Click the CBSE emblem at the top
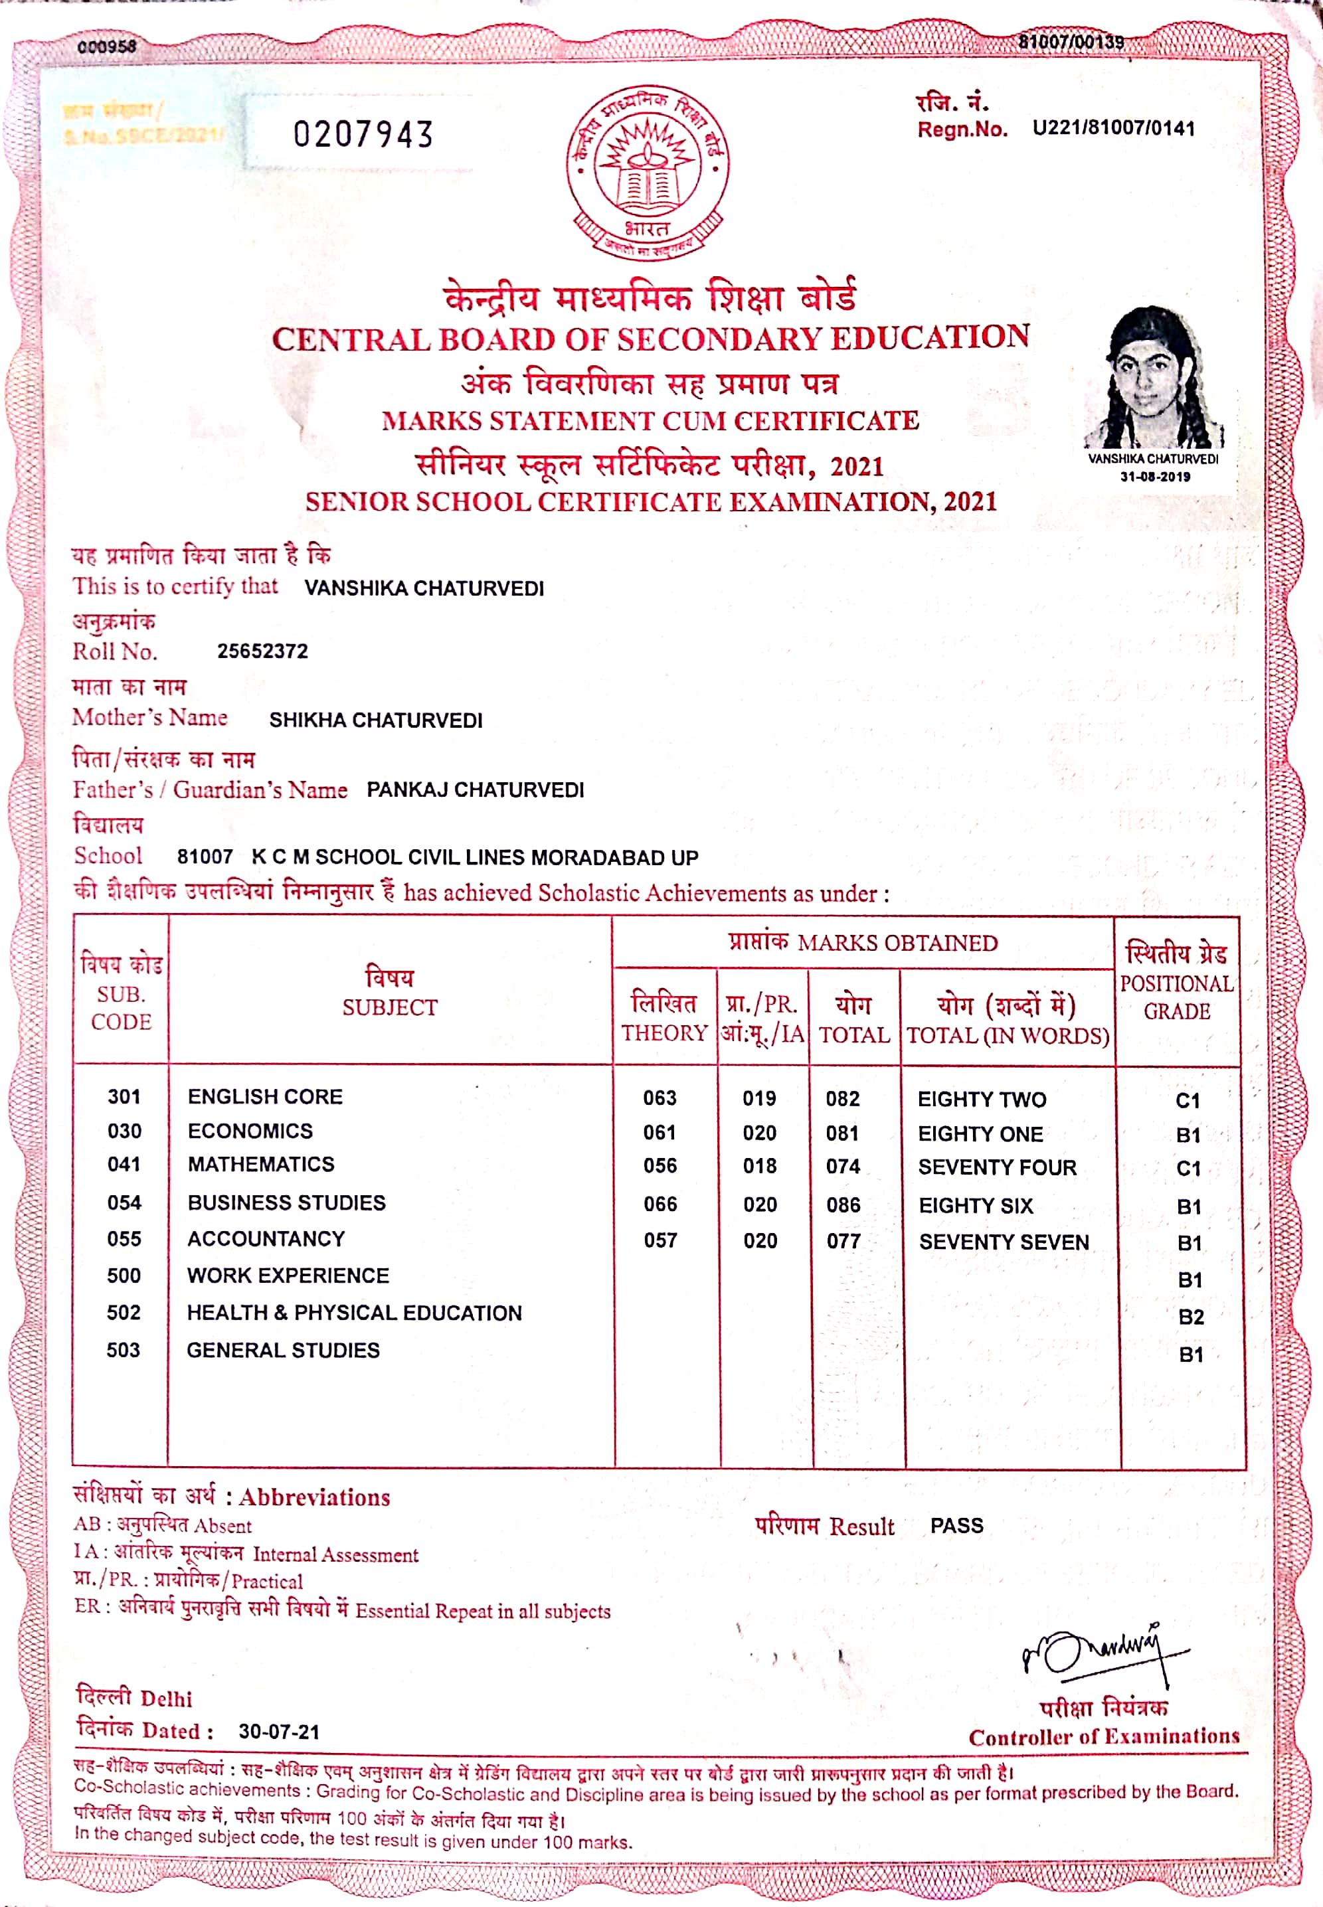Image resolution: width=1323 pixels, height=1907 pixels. tap(648, 171)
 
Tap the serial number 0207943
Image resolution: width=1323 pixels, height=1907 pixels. tap(363, 134)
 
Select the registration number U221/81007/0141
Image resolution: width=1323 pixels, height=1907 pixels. tap(1113, 128)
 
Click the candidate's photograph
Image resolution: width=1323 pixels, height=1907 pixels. tap(1153, 378)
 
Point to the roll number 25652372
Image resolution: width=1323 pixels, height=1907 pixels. tap(262, 651)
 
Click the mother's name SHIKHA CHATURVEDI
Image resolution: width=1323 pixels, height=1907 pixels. tap(375, 720)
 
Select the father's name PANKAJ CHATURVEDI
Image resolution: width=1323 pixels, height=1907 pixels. tap(475, 789)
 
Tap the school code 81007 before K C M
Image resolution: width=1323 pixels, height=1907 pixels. tap(205, 857)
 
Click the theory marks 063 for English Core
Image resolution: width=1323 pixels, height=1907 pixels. tap(660, 1098)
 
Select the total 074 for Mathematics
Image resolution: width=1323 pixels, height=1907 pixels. tap(843, 1167)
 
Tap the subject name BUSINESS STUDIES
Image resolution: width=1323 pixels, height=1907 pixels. tap(287, 1202)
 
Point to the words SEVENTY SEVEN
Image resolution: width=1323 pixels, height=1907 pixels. tap(1004, 1242)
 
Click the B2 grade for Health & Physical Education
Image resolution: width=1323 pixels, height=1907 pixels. tap(1190, 1317)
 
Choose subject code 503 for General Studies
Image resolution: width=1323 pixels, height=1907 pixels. tap(123, 1350)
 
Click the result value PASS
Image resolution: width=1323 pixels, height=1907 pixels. tap(956, 1526)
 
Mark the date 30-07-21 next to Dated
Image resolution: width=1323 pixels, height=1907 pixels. tap(278, 1731)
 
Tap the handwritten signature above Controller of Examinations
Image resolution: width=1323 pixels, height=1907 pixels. tap(1102, 1653)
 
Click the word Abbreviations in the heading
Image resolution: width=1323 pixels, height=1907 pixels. tap(315, 1497)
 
